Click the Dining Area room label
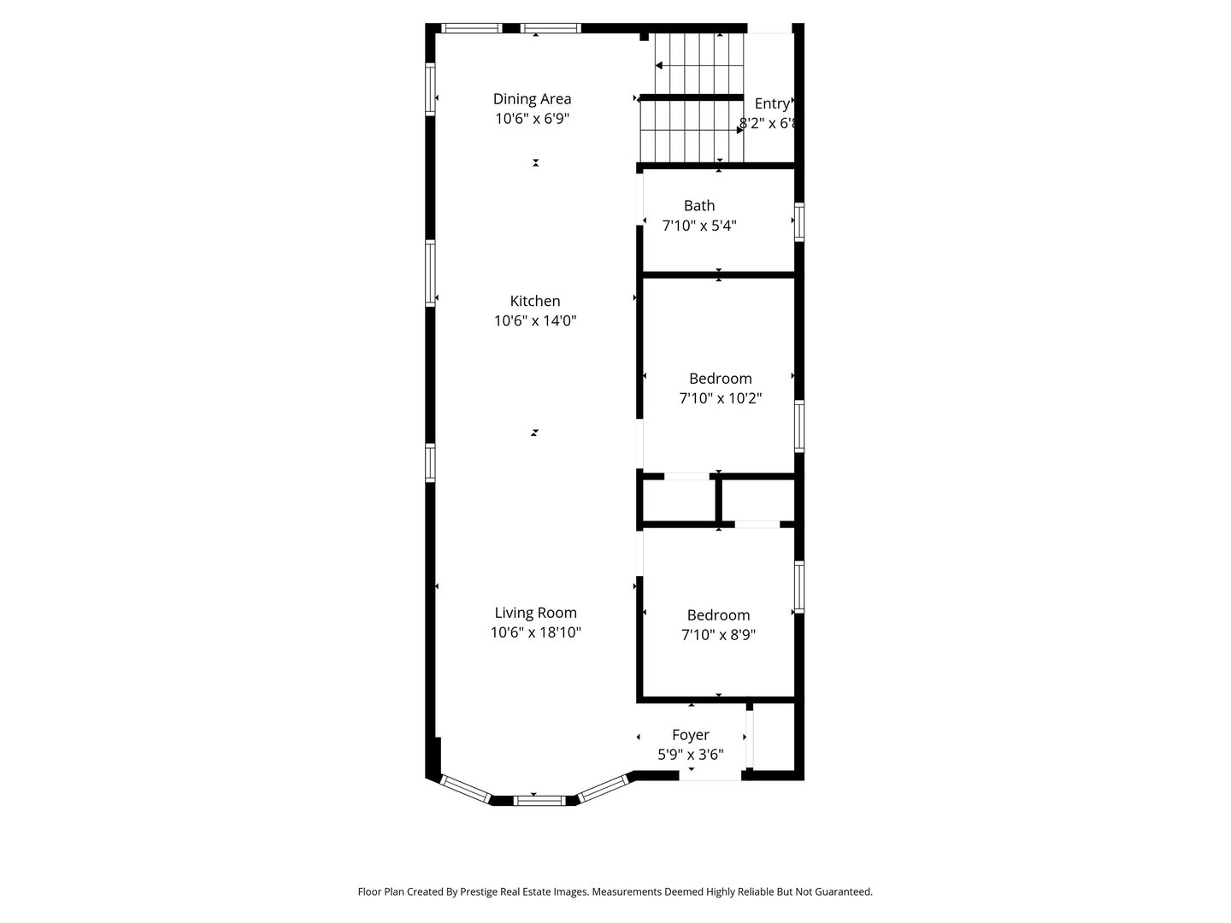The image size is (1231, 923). pyautogui.click(x=532, y=99)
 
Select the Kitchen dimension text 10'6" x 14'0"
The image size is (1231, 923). pyautogui.click(x=535, y=321)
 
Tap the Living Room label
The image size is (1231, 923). pyautogui.click(x=535, y=613)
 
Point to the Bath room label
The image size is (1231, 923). pyautogui.click(x=698, y=206)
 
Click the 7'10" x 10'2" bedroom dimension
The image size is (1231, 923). pyautogui.click(x=720, y=398)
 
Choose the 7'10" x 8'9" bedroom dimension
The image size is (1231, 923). pyautogui.click(x=718, y=635)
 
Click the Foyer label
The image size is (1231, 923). pyautogui.click(x=690, y=735)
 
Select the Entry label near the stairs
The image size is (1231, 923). pyautogui.click(x=771, y=103)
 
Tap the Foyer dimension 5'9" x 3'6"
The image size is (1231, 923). pyautogui.click(x=690, y=755)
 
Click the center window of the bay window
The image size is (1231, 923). pyautogui.click(x=539, y=801)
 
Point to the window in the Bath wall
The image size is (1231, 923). pyautogui.click(x=799, y=222)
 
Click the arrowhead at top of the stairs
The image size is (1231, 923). pyautogui.click(x=660, y=65)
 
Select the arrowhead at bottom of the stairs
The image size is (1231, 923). pyautogui.click(x=739, y=131)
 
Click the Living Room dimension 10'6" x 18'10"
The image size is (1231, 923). pyautogui.click(x=535, y=632)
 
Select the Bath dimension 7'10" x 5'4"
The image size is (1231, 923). pyautogui.click(x=698, y=226)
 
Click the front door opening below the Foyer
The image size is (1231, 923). pyautogui.click(x=710, y=775)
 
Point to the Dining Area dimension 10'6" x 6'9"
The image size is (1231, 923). pyautogui.click(x=532, y=120)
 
